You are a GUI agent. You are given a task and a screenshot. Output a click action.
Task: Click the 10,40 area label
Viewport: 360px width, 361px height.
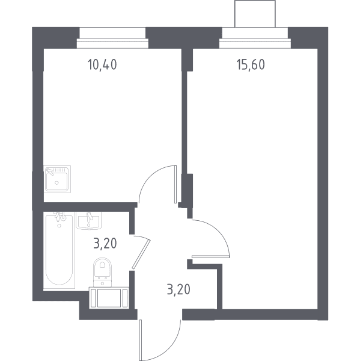[x=102, y=64]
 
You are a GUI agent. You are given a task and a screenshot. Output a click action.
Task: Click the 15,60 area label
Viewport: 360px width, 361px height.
[x=251, y=64]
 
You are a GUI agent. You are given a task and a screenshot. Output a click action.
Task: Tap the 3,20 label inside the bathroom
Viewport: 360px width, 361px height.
[x=105, y=244]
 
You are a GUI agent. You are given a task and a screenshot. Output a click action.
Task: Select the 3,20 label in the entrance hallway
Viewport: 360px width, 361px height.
[x=178, y=289]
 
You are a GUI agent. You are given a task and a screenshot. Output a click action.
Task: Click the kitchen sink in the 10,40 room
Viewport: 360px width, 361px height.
[x=57, y=179]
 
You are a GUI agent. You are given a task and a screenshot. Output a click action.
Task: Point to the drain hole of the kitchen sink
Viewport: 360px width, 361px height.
[x=56, y=183]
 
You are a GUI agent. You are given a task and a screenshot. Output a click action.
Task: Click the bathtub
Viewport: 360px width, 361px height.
[x=59, y=250]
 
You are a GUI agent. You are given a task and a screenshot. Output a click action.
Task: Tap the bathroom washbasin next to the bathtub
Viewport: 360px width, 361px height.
[x=88, y=221]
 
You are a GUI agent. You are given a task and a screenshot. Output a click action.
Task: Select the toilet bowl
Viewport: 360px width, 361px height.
[x=102, y=267]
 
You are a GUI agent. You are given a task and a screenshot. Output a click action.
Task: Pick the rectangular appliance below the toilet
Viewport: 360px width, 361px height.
[x=109, y=298]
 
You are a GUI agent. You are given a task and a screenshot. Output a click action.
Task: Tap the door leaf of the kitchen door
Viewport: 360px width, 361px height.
[x=175, y=184]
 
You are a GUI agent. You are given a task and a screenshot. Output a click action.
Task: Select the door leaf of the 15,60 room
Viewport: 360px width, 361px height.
[x=210, y=256]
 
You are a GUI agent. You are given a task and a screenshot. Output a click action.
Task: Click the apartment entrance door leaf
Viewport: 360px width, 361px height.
[x=140, y=340]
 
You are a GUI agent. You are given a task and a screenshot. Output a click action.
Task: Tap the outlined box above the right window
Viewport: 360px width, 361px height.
[x=255, y=14]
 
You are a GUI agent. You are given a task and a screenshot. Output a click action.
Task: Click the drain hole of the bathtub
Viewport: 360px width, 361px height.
[x=59, y=226]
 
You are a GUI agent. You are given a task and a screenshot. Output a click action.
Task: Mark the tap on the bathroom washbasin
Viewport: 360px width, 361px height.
[x=90, y=217]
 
